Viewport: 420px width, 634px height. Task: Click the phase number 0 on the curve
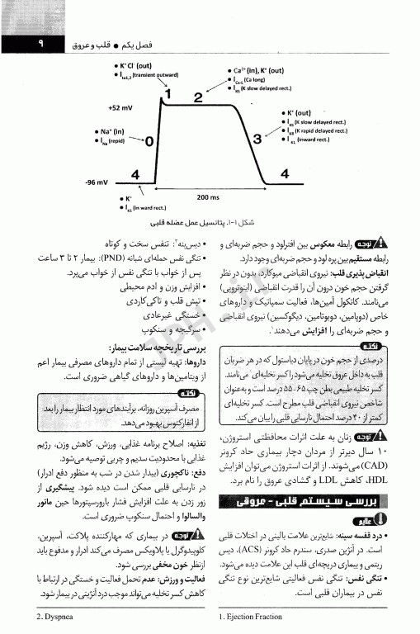149,141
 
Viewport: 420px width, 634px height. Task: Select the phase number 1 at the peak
166,93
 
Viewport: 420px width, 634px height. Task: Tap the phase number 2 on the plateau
199,98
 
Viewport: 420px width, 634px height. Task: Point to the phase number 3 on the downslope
257,138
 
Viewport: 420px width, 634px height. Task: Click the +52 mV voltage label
119,107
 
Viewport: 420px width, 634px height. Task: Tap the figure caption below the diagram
192,224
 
